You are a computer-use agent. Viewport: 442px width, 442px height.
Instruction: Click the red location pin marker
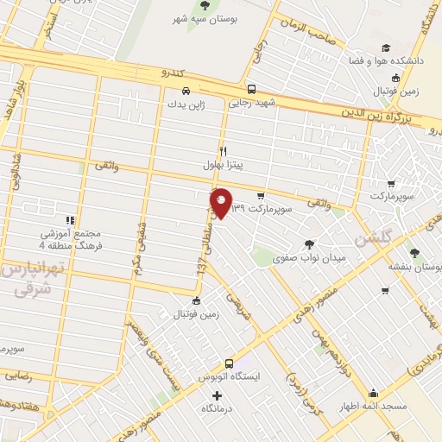coord(221,203)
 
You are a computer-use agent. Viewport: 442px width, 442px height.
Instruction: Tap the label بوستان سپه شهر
coord(204,19)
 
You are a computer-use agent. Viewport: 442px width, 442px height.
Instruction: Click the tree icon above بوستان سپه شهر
coord(204,6)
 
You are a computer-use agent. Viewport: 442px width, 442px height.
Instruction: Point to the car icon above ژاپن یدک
coord(185,89)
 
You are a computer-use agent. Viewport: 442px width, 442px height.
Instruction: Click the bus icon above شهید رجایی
coord(251,88)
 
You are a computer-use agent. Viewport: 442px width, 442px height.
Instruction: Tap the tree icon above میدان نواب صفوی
coord(309,243)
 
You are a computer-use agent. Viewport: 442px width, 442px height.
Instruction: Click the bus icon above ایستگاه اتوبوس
coord(229,363)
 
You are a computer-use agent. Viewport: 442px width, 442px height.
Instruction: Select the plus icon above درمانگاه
coord(218,395)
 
